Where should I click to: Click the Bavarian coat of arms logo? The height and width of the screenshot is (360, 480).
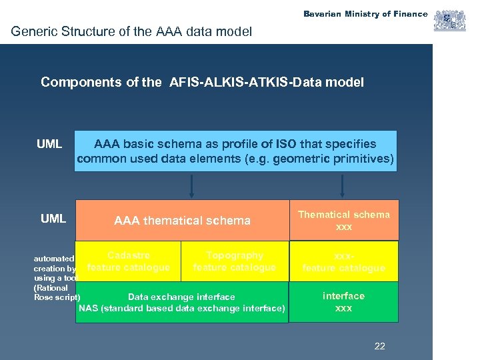pyautogui.click(x=450, y=21)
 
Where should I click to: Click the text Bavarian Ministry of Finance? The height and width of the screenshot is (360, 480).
pyautogui.click(x=365, y=14)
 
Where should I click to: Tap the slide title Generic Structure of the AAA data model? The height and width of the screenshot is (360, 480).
pyautogui.click(x=132, y=31)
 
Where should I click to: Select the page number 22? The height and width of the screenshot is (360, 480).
pyautogui.click(x=380, y=346)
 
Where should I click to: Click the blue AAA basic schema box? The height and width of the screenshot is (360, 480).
pyautogui.click(x=235, y=151)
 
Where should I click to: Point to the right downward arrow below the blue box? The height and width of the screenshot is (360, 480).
pyautogui.click(x=342, y=186)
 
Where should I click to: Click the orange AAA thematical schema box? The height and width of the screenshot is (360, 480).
pyautogui.click(x=182, y=220)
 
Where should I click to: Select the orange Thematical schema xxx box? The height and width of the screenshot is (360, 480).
pyautogui.click(x=343, y=220)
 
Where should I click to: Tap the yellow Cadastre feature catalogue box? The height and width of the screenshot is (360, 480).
pyautogui.click(x=128, y=261)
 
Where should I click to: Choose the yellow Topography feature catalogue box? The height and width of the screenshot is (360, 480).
pyautogui.click(x=234, y=261)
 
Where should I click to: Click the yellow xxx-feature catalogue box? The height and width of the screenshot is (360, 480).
pyautogui.click(x=343, y=261)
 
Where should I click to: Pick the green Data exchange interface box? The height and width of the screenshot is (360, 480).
pyautogui.click(x=181, y=303)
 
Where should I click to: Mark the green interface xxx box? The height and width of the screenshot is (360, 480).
pyautogui.click(x=343, y=302)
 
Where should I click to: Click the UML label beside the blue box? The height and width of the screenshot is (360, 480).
pyautogui.click(x=49, y=144)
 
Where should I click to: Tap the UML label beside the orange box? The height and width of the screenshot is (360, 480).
pyautogui.click(x=53, y=219)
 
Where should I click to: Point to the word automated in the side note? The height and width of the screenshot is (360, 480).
pyautogui.click(x=54, y=258)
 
